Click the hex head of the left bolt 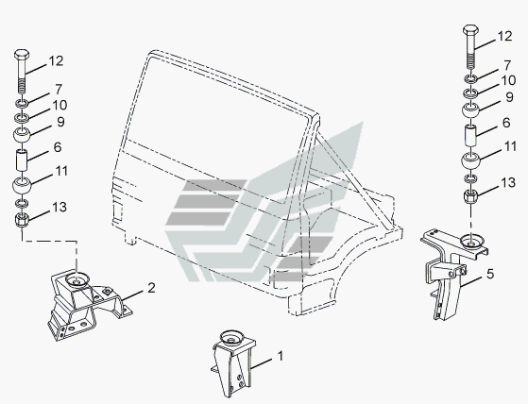[22, 55]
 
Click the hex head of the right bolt [470, 29]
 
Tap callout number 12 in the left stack [56, 61]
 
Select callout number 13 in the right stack [508, 183]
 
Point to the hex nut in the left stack [22, 220]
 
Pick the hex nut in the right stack [470, 195]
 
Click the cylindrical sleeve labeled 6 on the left [22, 161]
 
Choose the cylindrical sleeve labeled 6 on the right [470, 135]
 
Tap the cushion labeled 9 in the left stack [22, 135]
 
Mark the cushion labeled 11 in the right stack [470, 160]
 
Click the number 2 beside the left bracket [151, 288]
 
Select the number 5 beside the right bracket [490, 274]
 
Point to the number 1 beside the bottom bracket [281, 356]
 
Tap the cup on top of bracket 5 [472, 241]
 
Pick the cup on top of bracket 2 [77, 279]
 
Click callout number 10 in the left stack [60, 106]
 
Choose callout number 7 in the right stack [507, 65]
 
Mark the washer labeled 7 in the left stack [22, 103]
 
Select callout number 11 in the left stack [61, 171]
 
